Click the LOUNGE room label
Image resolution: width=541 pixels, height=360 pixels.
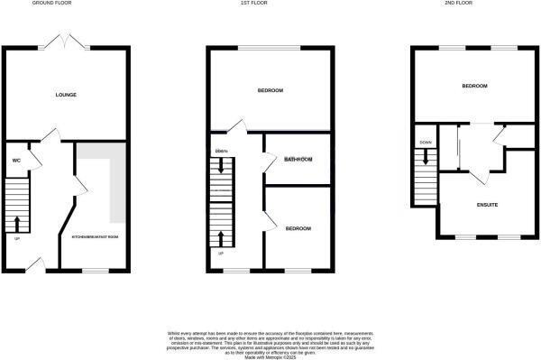66,94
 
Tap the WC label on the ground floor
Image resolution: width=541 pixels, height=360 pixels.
16,161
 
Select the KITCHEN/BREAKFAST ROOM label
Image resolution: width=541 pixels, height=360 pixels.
95,237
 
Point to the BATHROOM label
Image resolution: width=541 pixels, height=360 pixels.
298,160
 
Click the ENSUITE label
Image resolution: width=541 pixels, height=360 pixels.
488,206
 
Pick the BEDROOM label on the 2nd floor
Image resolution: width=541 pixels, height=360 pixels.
474,86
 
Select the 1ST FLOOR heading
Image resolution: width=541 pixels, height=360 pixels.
271,4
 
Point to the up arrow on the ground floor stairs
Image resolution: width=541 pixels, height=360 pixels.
17,222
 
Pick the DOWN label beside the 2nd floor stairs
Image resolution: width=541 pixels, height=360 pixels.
425,143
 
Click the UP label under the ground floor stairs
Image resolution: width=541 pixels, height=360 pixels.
16,238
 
